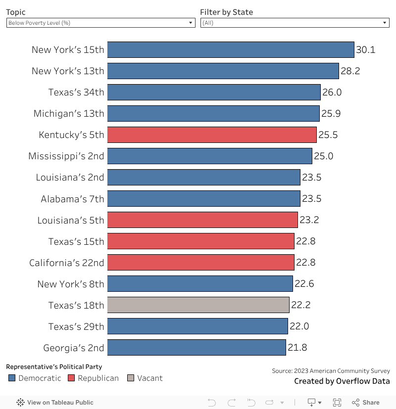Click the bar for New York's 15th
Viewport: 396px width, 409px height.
tap(231, 49)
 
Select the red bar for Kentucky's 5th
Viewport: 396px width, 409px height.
tap(212, 135)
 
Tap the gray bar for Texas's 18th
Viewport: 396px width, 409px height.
tap(198, 305)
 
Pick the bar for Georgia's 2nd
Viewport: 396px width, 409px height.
tap(197, 347)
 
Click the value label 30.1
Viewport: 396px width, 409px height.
tap(366, 49)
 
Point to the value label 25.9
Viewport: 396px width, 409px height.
tap(331, 113)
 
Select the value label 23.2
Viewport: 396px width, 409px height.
tap(309, 220)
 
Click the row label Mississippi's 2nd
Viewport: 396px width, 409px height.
tap(66, 156)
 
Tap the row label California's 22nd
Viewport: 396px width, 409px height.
tap(67, 262)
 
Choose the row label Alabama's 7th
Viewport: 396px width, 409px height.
tap(73, 198)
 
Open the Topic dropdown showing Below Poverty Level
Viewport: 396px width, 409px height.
tap(100, 23)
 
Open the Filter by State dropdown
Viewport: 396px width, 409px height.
tap(295, 23)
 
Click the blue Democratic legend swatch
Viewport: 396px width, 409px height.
tap(12, 378)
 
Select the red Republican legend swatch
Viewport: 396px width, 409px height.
tap(71, 378)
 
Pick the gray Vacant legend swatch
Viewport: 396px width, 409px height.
tap(131, 378)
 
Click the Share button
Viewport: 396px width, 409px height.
tap(366, 403)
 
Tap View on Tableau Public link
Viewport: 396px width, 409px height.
tap(55, 403)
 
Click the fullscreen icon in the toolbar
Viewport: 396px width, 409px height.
tap(337, 403)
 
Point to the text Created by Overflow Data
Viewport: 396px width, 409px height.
tap(342, 381)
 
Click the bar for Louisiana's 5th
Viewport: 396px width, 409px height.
tap(202, 220)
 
